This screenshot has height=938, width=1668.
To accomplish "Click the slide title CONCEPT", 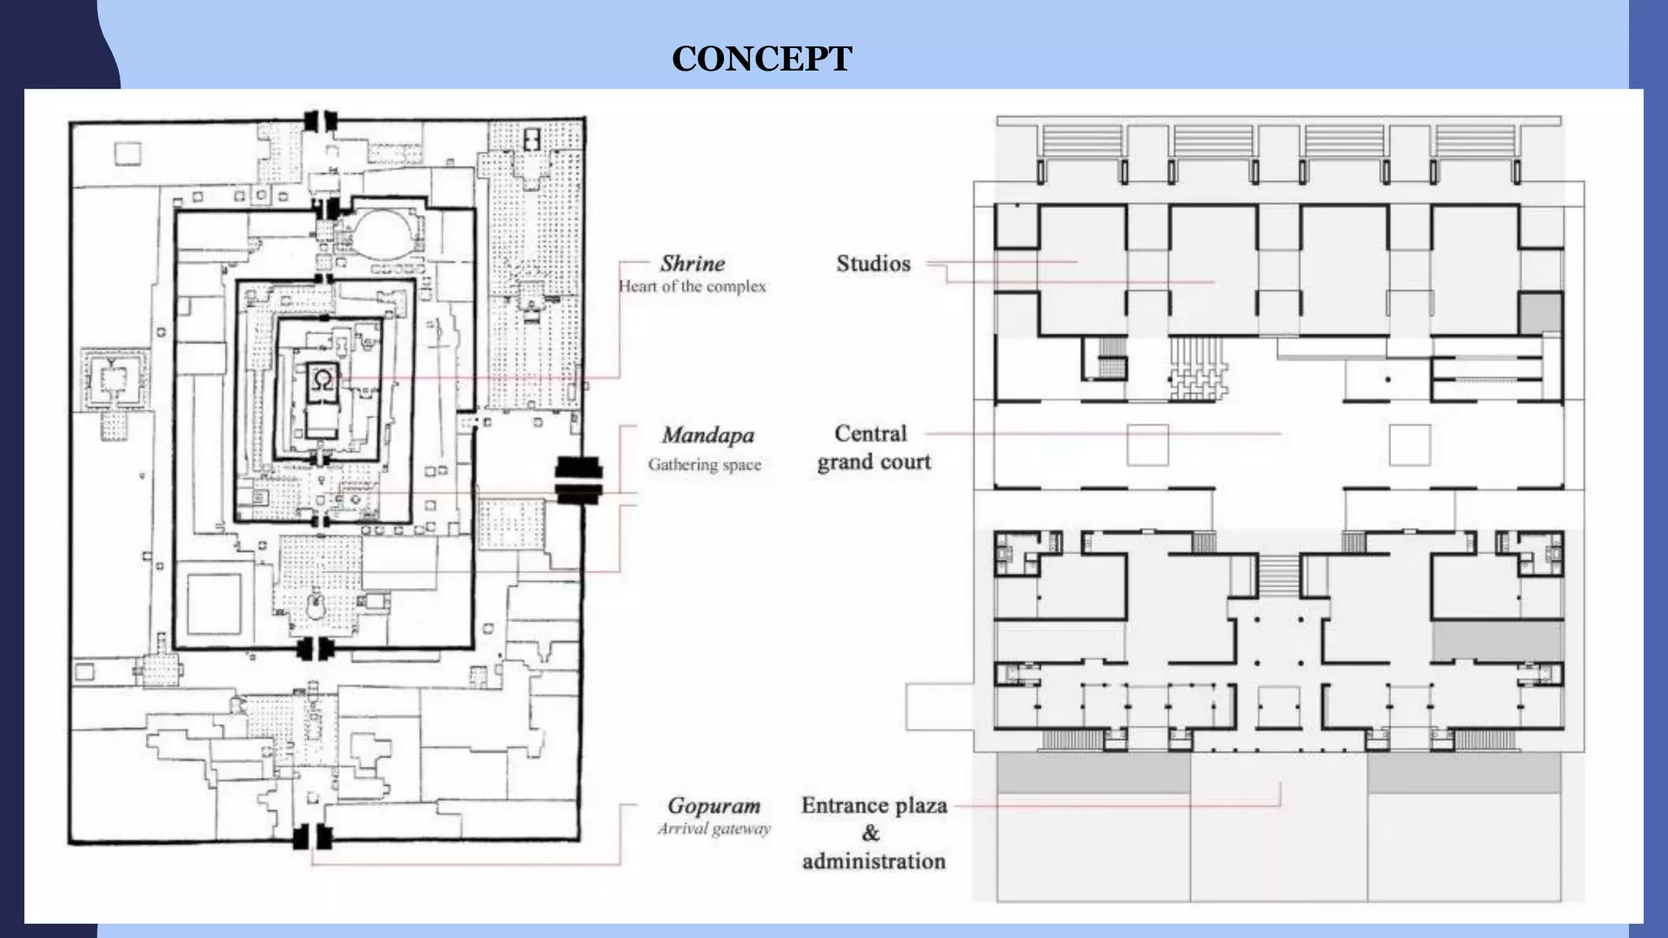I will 762,59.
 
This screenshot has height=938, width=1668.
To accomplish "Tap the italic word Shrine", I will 692,263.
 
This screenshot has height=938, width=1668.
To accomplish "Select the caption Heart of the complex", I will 692,287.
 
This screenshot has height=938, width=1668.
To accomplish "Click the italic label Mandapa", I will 707,436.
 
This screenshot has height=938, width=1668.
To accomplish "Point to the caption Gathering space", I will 705,465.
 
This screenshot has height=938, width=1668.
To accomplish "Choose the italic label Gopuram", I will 714,805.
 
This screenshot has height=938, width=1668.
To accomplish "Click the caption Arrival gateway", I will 714,829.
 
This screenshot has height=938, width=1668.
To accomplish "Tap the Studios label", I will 873,263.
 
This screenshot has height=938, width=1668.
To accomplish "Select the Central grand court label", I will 872,447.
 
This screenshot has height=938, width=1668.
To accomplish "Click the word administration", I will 874,861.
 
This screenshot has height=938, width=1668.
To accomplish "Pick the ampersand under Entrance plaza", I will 871,833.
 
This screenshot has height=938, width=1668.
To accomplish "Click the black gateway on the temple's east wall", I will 578,480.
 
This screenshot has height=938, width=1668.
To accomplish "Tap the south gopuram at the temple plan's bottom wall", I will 313,836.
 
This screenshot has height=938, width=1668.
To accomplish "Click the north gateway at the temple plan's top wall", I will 319,121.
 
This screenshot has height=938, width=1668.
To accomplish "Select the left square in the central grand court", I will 1147,445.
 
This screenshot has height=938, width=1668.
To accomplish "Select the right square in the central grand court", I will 1409,445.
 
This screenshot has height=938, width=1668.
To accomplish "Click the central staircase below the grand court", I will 1278,576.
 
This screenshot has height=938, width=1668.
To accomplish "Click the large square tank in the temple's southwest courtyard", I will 214,603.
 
